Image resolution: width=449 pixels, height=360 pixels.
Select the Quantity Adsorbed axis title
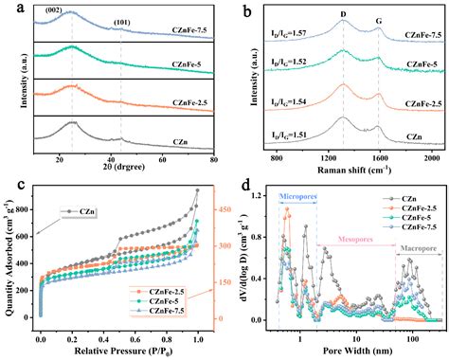(x=9, y=257)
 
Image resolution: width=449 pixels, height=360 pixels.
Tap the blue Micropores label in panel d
(x=296, y=196)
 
